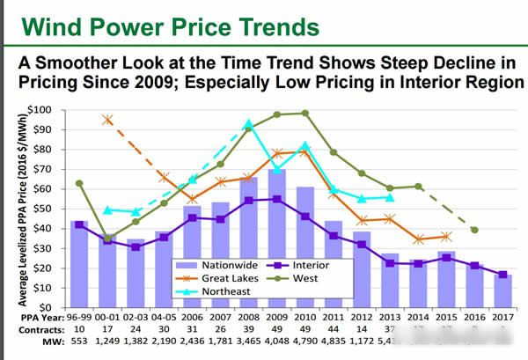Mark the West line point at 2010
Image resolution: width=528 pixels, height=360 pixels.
coord(305,113)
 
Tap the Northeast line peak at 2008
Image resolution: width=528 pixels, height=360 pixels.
coord(249,124)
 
